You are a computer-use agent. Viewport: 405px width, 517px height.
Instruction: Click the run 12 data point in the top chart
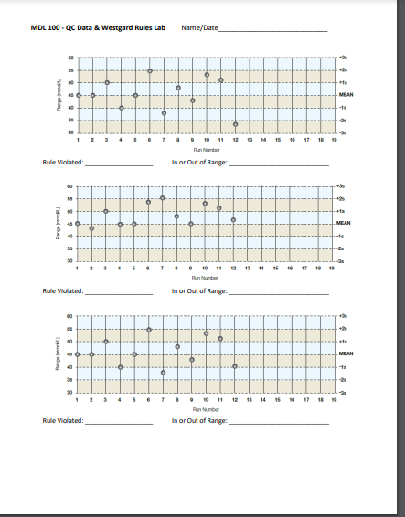tap(235, 124)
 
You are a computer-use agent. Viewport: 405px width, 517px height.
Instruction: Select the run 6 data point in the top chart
tap(150, 70)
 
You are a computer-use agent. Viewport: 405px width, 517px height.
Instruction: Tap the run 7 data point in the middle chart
tap(163, 198)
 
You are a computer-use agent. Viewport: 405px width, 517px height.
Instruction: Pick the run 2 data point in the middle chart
tap(92, 228)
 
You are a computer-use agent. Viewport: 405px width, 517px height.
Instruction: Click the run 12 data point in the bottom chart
tap(235, 366)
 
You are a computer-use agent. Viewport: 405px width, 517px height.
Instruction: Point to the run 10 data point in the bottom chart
tap(207, 334)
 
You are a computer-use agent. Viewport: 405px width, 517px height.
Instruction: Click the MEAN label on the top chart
tap(346, 95)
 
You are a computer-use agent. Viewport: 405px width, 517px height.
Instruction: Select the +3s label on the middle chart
tap(341, 186)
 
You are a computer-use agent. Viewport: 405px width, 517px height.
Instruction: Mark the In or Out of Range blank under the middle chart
tap(278, 294)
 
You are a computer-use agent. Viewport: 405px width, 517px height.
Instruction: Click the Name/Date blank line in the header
tap(273, 31)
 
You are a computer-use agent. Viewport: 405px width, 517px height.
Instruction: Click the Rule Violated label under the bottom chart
tap(62, 421)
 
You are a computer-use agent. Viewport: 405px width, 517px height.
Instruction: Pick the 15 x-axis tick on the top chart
tap(278, 140)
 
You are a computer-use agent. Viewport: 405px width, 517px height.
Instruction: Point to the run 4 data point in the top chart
tap(121, 108)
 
